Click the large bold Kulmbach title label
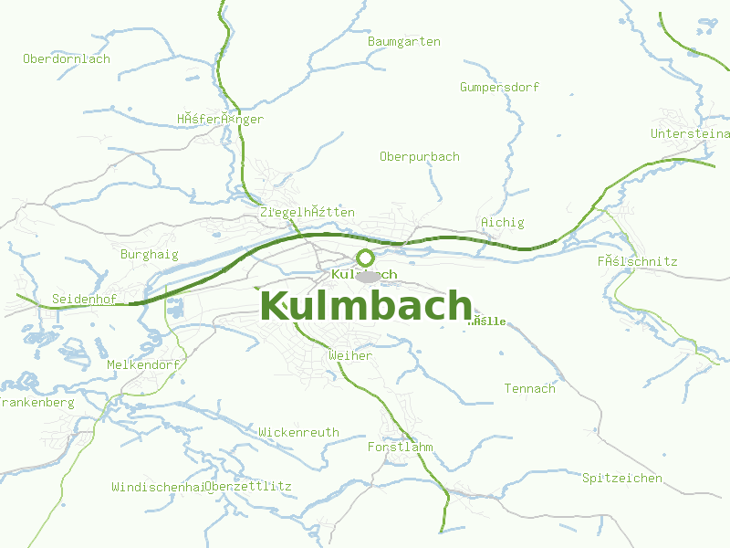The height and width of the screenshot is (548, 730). point(366,307)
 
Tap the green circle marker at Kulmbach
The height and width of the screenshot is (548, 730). point(365,258)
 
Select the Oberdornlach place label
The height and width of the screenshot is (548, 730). point(67,59)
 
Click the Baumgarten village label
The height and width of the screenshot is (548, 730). point(403,42)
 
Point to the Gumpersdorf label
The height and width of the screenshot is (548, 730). point(499,88)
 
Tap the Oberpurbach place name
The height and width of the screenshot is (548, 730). point(419,157)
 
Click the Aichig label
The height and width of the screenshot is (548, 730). point(502,223)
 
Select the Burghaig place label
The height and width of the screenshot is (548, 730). point(150,255)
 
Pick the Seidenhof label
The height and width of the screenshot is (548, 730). point(83,300)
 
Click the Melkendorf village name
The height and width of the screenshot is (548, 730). point(143,365)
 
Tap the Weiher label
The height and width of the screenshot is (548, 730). point(349,356)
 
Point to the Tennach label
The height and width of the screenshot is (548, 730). point(529,389)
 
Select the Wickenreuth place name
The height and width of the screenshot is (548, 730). point(298,433)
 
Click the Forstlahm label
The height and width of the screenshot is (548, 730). point(400,448)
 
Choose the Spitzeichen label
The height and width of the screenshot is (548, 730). point(622,479)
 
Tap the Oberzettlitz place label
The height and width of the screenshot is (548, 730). point(249,487)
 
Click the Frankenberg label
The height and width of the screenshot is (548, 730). point(36,403)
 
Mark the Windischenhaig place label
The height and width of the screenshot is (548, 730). point(157,487)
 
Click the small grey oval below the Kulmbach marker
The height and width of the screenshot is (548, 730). point(367,276)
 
